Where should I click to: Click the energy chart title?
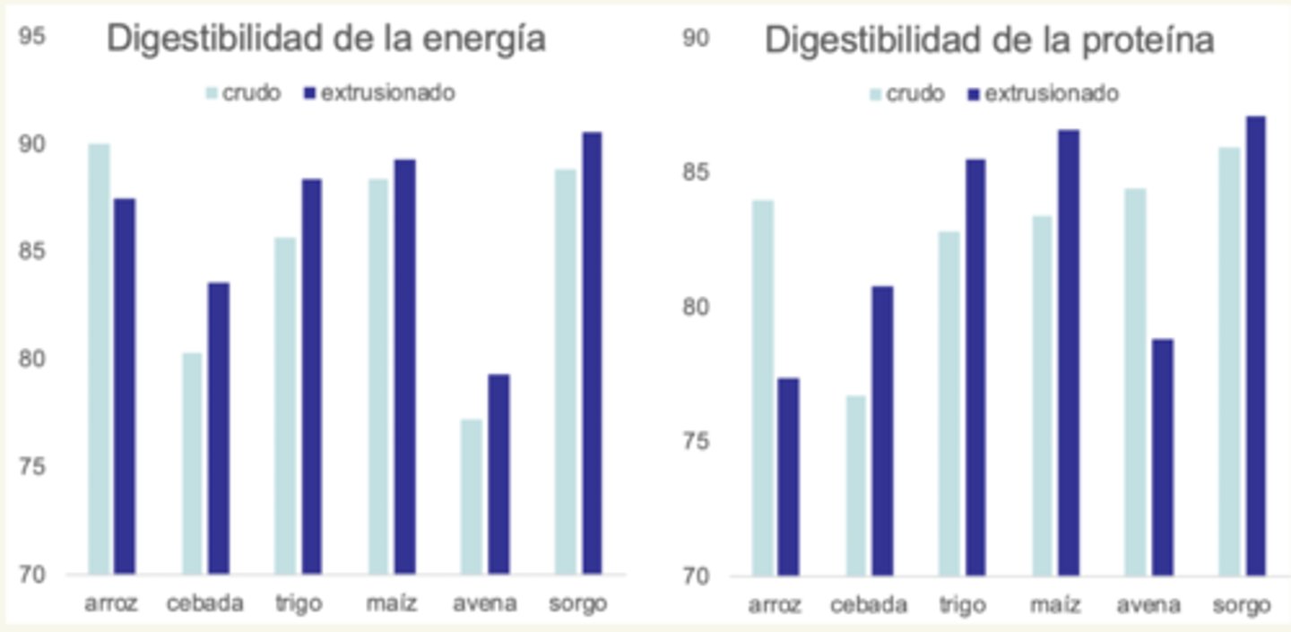tap(326, 40)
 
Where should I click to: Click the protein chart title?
tap(990, 40)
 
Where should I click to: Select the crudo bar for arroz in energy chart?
tap(99, 359)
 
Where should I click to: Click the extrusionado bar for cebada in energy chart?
tap(219, 428)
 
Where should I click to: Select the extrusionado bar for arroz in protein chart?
tap(788, 476)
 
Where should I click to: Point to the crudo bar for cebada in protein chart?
tap(856, 485)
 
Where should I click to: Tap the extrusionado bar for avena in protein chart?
tap(1162, 456)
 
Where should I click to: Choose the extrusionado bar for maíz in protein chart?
tap(1069, 352)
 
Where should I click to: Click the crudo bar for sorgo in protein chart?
tap(1229, 361)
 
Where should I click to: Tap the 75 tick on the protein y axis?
tap(697, 442)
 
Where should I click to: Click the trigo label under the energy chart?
tap(298, 603)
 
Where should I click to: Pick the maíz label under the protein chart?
tap(1055, 605)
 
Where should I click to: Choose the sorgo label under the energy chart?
tap(578, 603)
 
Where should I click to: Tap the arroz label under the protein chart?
tap(775, 605)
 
